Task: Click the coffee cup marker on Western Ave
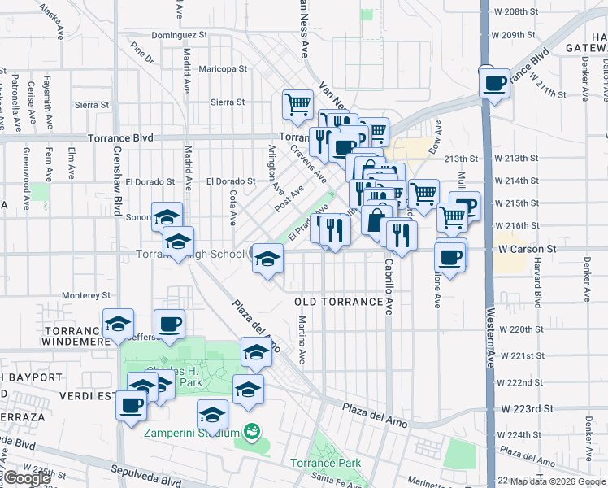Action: click(494, 83)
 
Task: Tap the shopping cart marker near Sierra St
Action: click(298, 104)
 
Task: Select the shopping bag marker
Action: click(376, 220)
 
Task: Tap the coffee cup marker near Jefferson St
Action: click(169, 324)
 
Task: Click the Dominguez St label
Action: click(180, 36)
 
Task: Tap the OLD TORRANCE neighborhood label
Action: click(338, 302)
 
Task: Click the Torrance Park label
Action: click(326, 464)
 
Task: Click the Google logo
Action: click(26, 478)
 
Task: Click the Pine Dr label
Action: click(141, 54)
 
